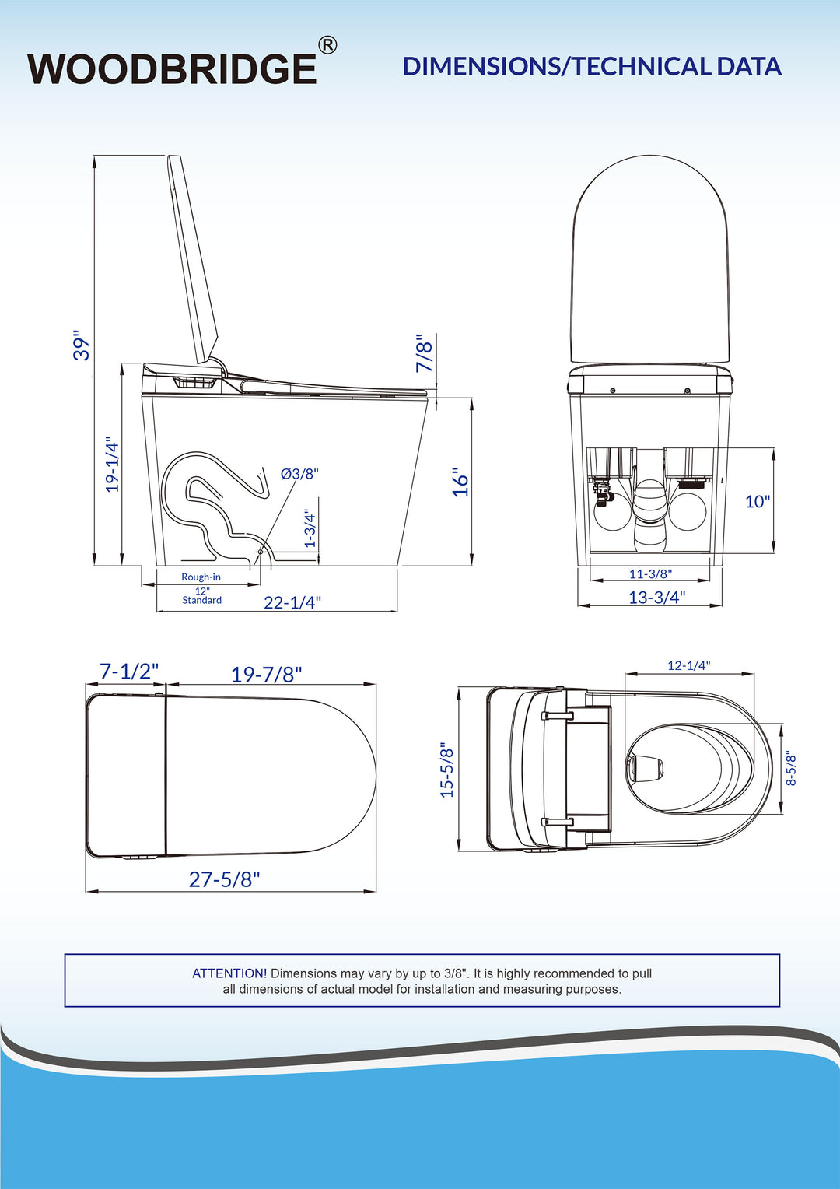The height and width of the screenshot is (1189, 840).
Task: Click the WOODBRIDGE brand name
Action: pyautogui.click(x=172, y=68)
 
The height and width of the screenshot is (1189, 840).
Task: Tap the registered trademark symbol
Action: pyautogui.click(x=327, y=45)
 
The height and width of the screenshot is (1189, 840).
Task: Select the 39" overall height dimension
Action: pyautogui.click(x=81, y=347)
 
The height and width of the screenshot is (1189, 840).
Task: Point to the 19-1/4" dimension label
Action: pyautogui.click(x=113, y=465)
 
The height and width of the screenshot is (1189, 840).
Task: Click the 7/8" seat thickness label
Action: pyautogui.click(x=425, y=353)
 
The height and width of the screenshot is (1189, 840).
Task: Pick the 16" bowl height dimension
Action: pyautogui.click(x=460, y=482)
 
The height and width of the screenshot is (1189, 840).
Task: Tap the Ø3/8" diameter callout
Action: pyautogui.click(x=299, y=473)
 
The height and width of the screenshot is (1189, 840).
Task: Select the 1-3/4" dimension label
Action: pyautogui.click(x=310, y=528)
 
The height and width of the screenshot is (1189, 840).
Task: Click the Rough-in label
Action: pyautogui.click(x=201, y=577)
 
